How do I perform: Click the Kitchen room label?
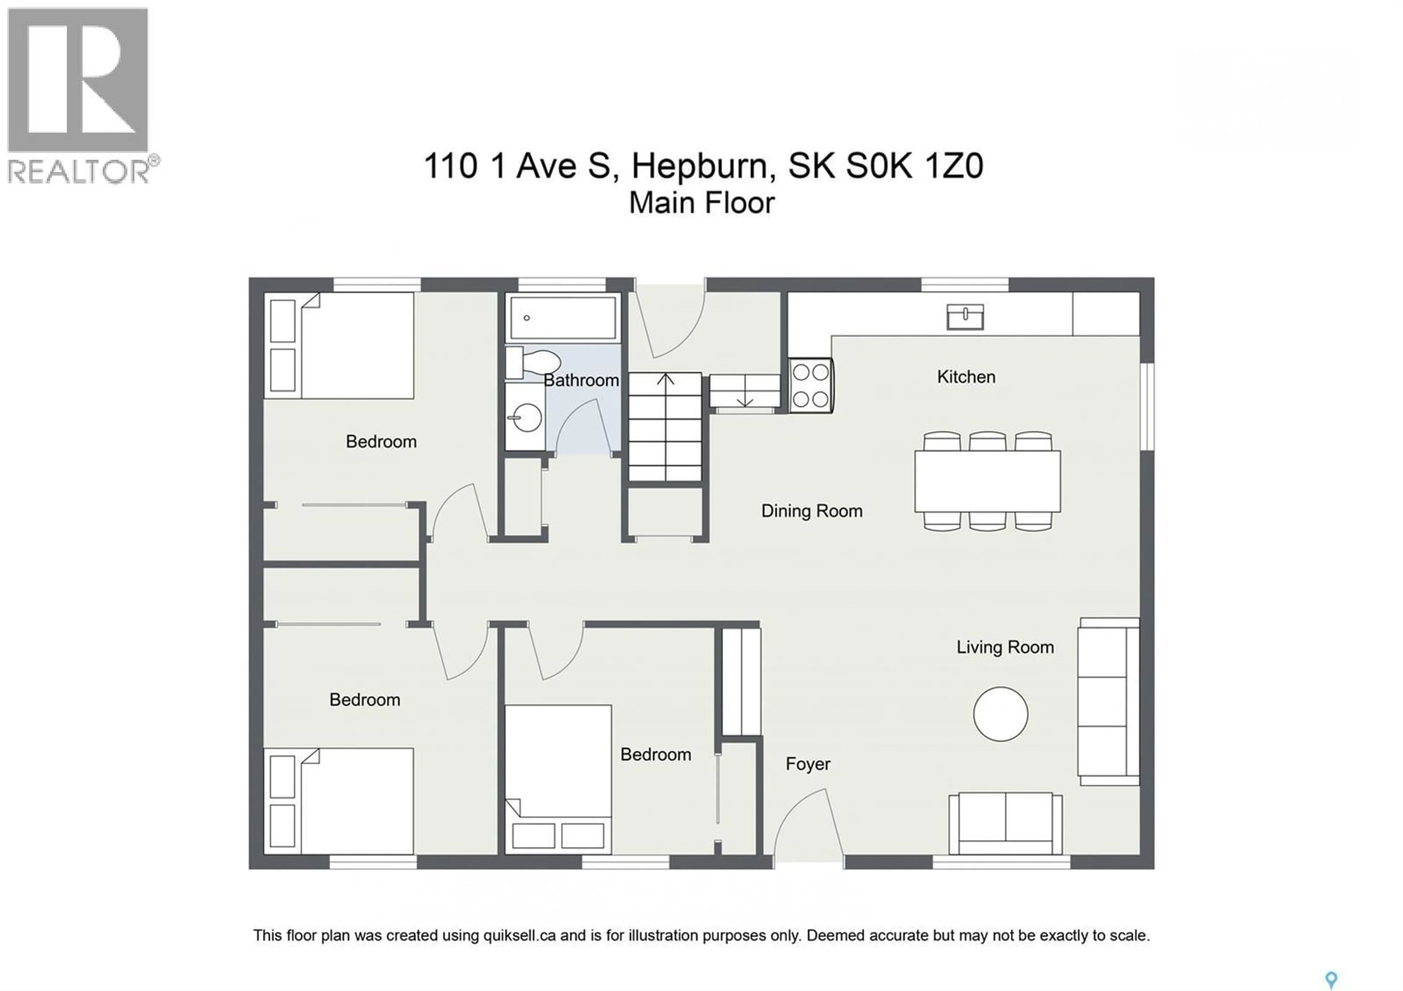[966, 377]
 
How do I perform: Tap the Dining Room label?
[811, 511]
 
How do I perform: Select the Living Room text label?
[1005, 647]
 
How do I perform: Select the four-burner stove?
[810, 386]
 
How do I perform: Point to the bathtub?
[563, 318]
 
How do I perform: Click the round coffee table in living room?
[1000, 714]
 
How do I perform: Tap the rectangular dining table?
[987, 482]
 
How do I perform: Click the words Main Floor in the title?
[701, 203]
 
